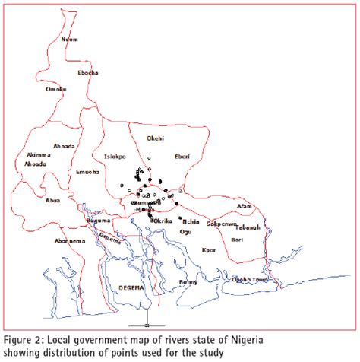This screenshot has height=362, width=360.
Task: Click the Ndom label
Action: [x=69, y=39]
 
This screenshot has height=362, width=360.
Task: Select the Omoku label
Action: [x=56, y=89]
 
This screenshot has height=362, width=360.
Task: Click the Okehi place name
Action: [x=155, y=139]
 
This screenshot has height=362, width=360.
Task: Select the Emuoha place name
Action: [x=89, y=172]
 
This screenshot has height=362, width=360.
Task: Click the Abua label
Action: [x=52, y=201]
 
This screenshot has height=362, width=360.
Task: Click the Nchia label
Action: [x=191, y=221]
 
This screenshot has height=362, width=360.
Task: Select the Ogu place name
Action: [x=185, y=232]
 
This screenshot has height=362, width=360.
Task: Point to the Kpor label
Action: [x=209, y=249]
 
